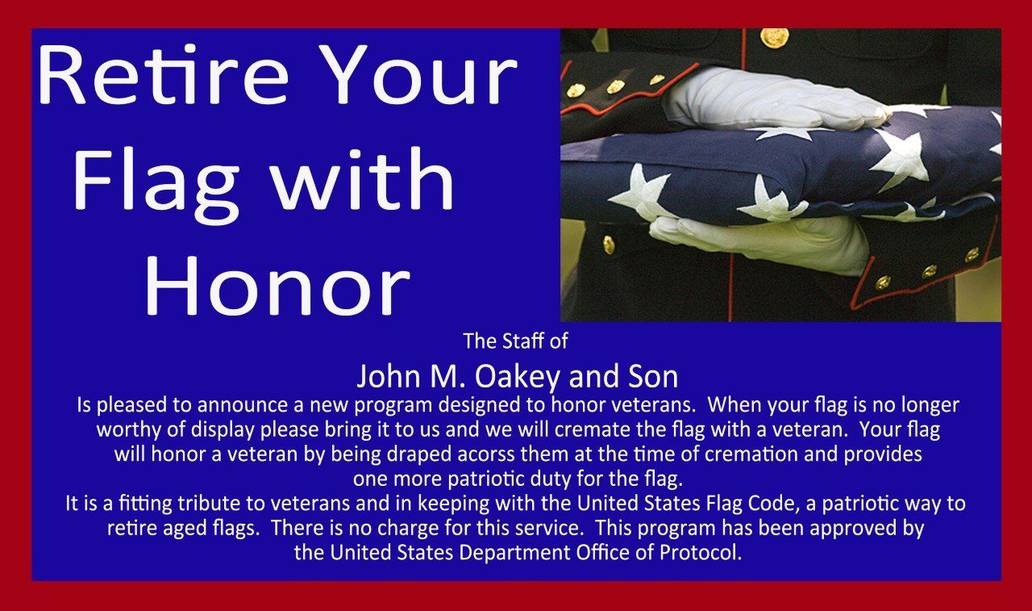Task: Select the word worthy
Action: pyautogui.click(x=126, y=429)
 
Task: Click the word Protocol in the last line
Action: pyautogui.click(x=702, y=554)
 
